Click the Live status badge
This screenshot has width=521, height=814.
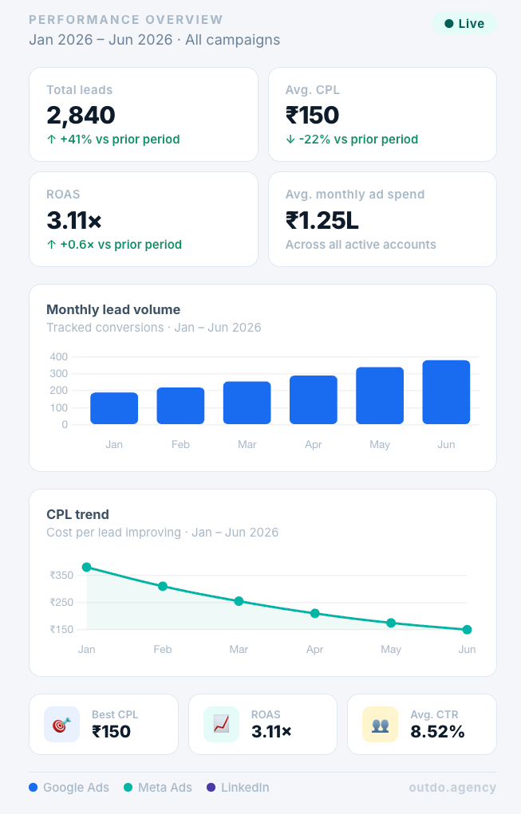click(464, 24)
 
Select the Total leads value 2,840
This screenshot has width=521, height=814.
click(81, 116)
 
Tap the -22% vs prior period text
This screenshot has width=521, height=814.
click(358, 140)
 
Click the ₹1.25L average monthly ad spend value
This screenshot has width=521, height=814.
click(322, 220)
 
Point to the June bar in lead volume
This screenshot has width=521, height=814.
click(446, 392)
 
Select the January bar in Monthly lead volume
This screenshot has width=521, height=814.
click(114, 408)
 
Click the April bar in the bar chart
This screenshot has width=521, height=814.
click(314, 399)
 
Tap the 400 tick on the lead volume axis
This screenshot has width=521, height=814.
click(59, 356)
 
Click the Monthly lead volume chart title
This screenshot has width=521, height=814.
click(113, 309)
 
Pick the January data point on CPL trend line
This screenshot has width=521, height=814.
click(87, 567)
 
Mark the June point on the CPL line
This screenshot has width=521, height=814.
click(467, 630)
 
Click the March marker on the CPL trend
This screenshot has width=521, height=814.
click(239, 601)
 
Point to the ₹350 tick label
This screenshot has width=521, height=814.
click(61, 575)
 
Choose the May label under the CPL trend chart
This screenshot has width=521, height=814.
click(391, 650)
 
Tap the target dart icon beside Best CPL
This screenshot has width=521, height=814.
click(61, 724)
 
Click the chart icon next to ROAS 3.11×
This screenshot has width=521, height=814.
click(221, 724)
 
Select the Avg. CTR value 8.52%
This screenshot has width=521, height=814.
click(437, 732)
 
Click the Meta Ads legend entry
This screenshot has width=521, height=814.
click(158, 788)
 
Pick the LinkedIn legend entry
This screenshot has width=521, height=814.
click(238, 788)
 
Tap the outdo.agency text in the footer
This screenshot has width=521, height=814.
click(452, 788)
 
